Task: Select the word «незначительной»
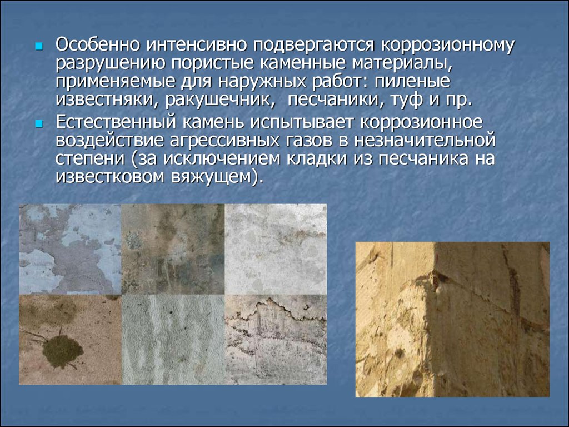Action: [425, 141]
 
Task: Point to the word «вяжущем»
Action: [212, 177]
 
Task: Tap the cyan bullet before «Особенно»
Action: [39, 46]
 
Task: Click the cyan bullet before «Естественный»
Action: [39, 124]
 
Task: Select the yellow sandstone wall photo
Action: [452, 319]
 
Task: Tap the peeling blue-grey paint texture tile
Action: [70, 249]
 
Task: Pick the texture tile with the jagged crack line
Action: [276, 339]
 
